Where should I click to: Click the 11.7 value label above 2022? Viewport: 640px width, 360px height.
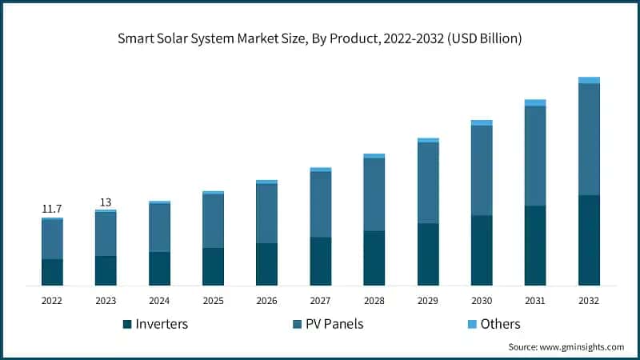pos(52,209)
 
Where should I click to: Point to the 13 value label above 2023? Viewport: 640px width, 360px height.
pos(106,202)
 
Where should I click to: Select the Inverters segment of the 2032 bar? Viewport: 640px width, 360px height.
pos(589,240)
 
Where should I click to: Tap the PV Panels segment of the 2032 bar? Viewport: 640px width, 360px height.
pos(589,139)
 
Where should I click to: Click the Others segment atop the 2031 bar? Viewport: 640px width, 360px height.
pos(535,102)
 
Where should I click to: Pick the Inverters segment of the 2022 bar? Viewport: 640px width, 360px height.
pos(52,272)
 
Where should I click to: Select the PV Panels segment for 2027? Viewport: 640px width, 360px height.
pos(320,204)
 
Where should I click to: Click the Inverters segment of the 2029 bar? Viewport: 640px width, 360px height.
pos(428,254)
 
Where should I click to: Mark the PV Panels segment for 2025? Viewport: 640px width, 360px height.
pos(213,221)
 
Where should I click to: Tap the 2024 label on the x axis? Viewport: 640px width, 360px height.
pos(159,300)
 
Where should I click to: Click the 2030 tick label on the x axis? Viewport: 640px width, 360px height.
pos(482,300)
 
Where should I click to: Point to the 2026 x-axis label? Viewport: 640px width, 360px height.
pos(266,300)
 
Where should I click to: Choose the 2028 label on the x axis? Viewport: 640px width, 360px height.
pos(374,300)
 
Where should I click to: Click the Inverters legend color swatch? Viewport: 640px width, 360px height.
pos(126,324)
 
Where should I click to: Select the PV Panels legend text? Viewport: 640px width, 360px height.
pos(339,324)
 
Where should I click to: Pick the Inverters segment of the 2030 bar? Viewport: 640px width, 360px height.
pos(482,250)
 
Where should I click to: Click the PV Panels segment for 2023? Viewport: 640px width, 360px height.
pos(106,234)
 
